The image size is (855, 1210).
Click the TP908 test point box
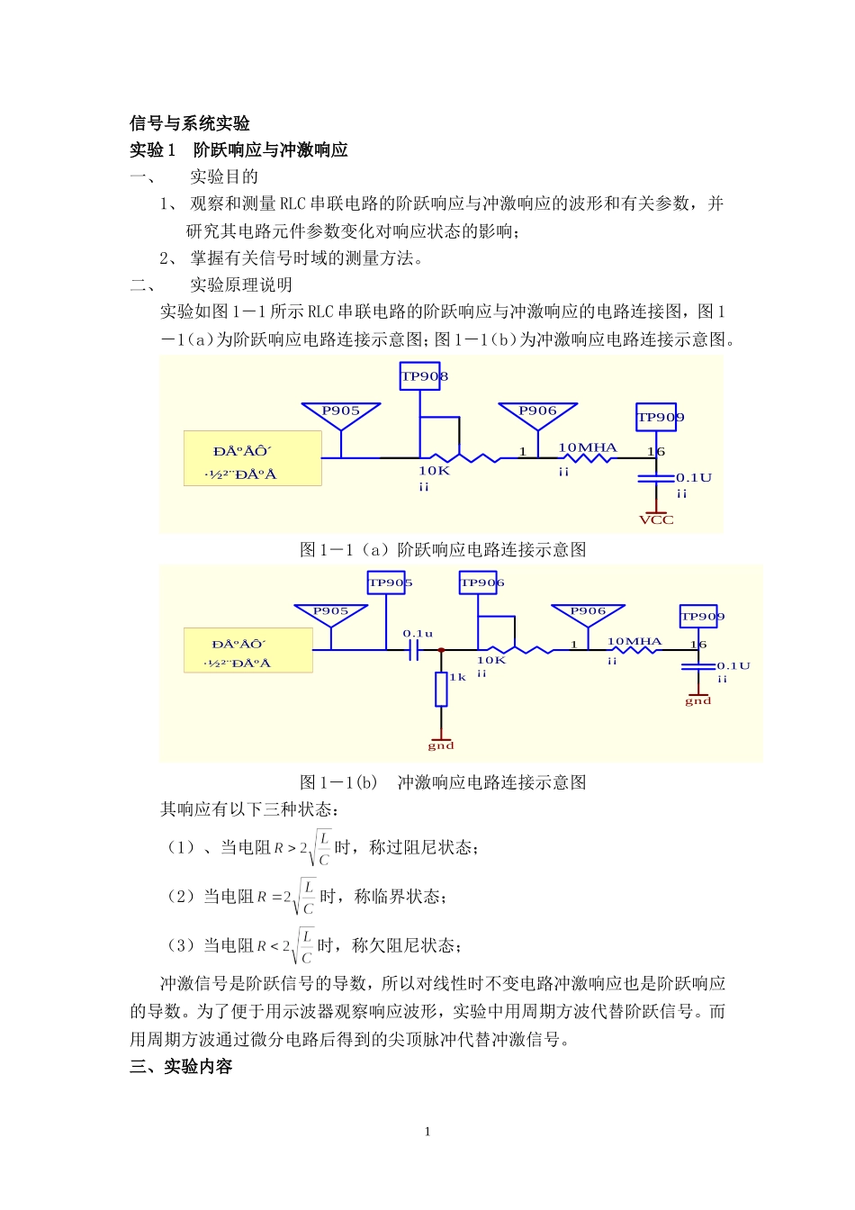pyautogui.click(x=420, y=376)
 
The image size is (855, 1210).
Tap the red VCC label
pyautogui.click(x=656, y=520)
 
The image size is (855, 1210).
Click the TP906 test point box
pyautogui.click(x=478, y=582)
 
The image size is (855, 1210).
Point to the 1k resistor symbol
pyautogui.click(x=441, y=689)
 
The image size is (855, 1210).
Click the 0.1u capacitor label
pyautogui.click(x=418, y=634)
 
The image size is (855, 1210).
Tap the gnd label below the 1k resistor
pyautogui.click(x=441, y=745)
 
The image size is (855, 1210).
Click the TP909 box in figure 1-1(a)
pyautogui.click(x=657, y=417)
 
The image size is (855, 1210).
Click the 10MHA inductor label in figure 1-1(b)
pyautogui.click(x=634, y=642)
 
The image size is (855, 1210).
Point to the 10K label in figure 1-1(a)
pyautogui.click(x=434, y=471)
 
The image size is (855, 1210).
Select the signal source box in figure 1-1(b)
pyautogui.click(x=248, y=651)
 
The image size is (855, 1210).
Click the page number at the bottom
pyautogui.click(x=427, y=1132)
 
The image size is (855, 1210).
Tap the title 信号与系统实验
pyautogui.click(x=190, y=123)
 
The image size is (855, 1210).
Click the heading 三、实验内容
pyautogui.click(x=181, y=1067)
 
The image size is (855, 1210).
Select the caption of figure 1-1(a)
pyautogui.click(x=443, y=550)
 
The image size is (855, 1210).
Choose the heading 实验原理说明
pyautogui.click(x=240, y=285)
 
